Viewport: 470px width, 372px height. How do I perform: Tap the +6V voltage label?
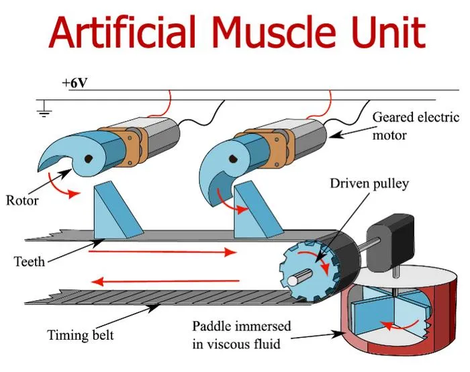75,83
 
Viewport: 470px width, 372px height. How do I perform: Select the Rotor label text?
22,201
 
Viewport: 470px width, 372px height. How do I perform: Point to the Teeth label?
30,262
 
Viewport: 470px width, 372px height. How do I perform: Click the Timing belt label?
81,335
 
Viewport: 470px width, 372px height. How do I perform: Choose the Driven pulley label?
369,183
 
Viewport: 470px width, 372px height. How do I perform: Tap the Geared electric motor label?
416,126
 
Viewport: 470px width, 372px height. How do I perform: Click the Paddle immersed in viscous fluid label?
242,335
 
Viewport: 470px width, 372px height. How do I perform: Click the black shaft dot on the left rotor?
88,159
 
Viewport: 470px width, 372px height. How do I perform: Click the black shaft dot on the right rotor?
233,159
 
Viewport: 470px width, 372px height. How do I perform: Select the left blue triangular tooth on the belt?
116,212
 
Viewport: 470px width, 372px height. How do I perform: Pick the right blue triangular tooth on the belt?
257,212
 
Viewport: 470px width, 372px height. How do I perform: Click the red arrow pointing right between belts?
162,252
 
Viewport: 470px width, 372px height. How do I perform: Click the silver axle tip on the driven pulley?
293,280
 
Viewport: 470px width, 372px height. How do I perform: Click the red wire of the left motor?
160,105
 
